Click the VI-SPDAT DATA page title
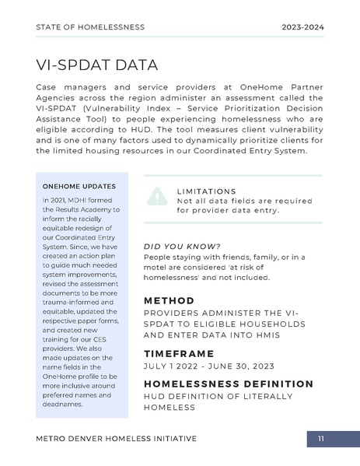tap(96, 65)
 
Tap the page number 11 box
tap(320, 440)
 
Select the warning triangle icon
tap(158, 197)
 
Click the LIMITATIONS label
tap(206, 191)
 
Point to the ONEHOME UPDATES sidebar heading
tap(79, 187)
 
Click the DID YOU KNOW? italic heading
tap(182, 247)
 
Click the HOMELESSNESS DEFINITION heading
tap(229, 384)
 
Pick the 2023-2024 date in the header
tap(302, 27)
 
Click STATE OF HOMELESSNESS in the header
tap(90, 27)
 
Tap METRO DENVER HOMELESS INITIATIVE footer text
tap(116, 439)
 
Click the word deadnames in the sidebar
tap(61, 405)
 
